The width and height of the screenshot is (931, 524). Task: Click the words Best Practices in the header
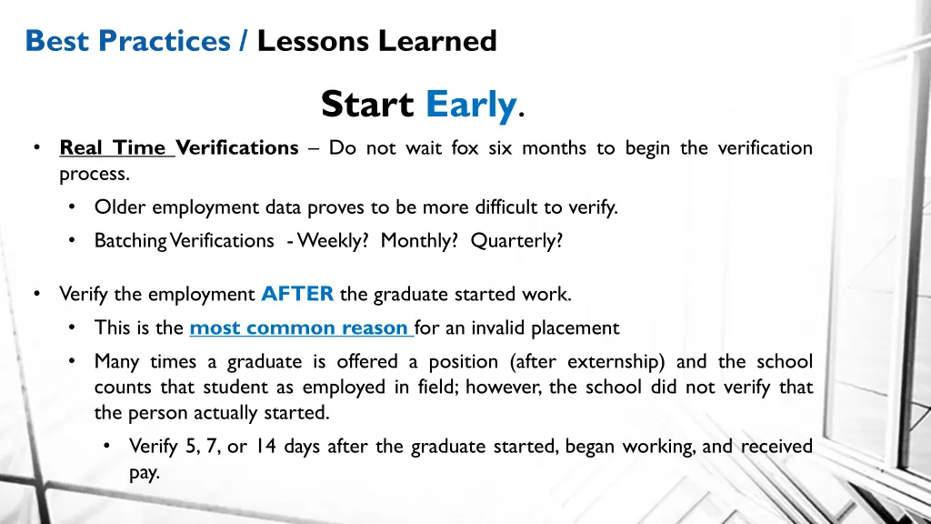(127, 41)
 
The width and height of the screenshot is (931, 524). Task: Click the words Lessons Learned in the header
(376, 41)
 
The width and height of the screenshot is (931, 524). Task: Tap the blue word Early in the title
(470, 105)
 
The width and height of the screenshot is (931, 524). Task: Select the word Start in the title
(367, 105)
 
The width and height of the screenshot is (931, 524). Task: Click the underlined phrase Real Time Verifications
(178, 147)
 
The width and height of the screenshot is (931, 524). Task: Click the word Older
(120, 207)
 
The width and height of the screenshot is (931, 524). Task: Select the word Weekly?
(333, 240)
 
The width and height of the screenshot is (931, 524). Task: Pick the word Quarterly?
(516, 240)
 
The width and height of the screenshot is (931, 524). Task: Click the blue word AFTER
(297, 294)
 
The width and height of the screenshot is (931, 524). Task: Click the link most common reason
(299, 327)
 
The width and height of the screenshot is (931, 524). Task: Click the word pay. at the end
(144, 472)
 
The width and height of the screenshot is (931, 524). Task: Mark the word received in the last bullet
(776, 447)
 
